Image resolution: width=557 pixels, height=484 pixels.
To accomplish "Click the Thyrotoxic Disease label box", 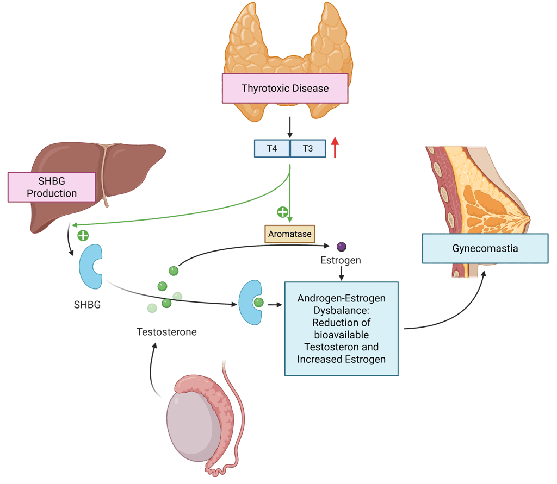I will (285, 88).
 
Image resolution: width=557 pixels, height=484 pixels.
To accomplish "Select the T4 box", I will (272, 148).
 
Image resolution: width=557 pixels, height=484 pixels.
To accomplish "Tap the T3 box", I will (308, 148).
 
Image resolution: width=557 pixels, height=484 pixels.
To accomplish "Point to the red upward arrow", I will (335, 147).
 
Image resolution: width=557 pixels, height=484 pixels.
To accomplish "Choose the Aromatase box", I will (290, 234).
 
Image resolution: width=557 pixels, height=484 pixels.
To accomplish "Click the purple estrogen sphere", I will (341, 247).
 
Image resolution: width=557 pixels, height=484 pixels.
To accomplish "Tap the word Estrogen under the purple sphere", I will (341, 261).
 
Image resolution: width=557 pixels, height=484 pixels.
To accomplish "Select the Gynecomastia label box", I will (485, 249).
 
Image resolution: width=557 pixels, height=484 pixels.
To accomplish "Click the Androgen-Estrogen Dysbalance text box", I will (342, 328).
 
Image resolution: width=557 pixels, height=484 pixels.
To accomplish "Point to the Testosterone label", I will (166, 331).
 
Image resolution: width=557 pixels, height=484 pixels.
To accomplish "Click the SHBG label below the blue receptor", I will (87, 305).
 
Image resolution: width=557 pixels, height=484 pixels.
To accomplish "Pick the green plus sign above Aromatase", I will (282, 212).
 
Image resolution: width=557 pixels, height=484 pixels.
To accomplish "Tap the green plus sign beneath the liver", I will (83, 235).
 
